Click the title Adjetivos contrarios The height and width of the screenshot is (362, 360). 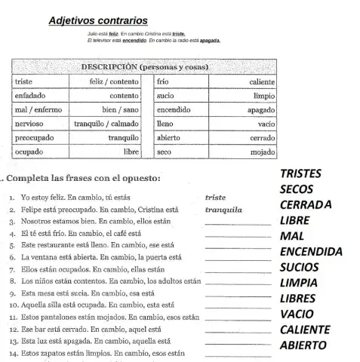(x=98, y=21)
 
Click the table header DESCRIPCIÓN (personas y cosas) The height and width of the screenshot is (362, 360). (x=144, y=67)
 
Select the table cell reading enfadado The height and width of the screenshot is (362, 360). (x=30, y=96)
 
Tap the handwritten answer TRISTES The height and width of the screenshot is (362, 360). (x=300, y=173)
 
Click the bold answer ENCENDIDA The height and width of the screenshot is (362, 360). (x=312, y=252)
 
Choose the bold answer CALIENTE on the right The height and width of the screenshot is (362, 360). (x=305, y=330)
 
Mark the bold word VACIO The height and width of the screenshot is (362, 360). (x=297, y=314)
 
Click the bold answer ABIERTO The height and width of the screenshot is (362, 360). (x=303, y=345)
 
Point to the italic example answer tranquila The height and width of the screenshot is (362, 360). (x=223, y=210)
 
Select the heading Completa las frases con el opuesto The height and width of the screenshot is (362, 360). (x=83, y=179)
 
